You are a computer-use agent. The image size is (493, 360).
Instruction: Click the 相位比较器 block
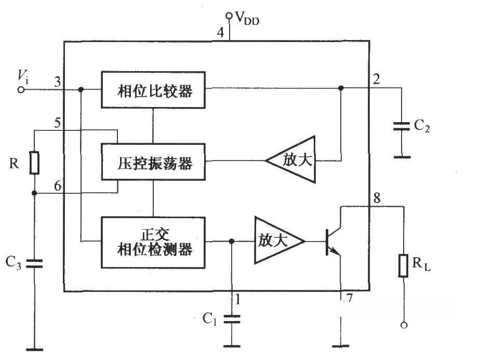coord(153,90)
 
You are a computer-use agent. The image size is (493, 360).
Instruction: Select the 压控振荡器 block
coord(153,162)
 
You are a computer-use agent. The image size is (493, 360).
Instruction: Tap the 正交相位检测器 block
coord(153,242)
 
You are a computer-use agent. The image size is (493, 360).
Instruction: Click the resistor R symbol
coord(34,163)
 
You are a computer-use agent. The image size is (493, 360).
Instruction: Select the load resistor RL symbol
coord(403,265)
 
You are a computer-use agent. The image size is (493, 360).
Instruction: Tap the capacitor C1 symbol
coord(231,318)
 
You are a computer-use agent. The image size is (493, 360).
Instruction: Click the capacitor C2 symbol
coord(402,126)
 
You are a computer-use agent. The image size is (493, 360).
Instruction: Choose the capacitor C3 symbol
coord(34,263)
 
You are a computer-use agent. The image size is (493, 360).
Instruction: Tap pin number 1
coord(238,299)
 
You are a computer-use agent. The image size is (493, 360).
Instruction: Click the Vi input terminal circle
coord(21,89)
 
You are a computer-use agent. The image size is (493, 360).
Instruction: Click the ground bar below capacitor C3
coord(34,349)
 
